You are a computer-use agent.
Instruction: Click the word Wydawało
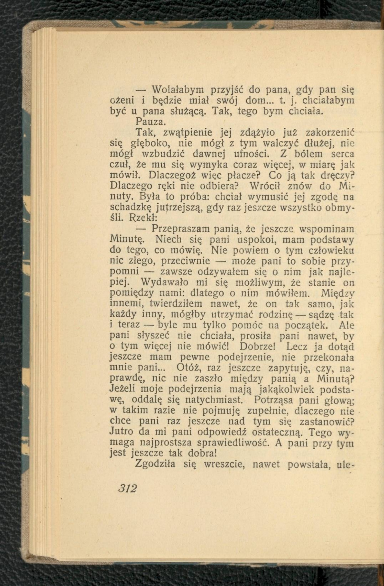[x=165, y=282]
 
